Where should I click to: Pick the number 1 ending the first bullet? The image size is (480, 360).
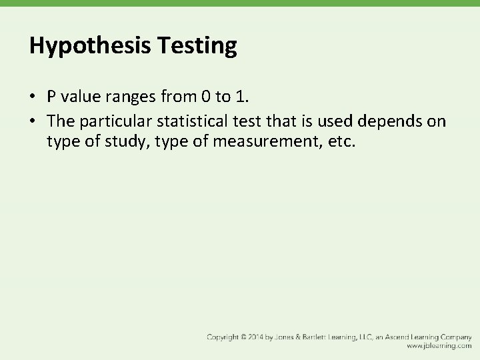[241, 96]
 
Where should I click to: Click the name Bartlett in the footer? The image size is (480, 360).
[325, 337]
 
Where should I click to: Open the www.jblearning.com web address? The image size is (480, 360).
[439, 347]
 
